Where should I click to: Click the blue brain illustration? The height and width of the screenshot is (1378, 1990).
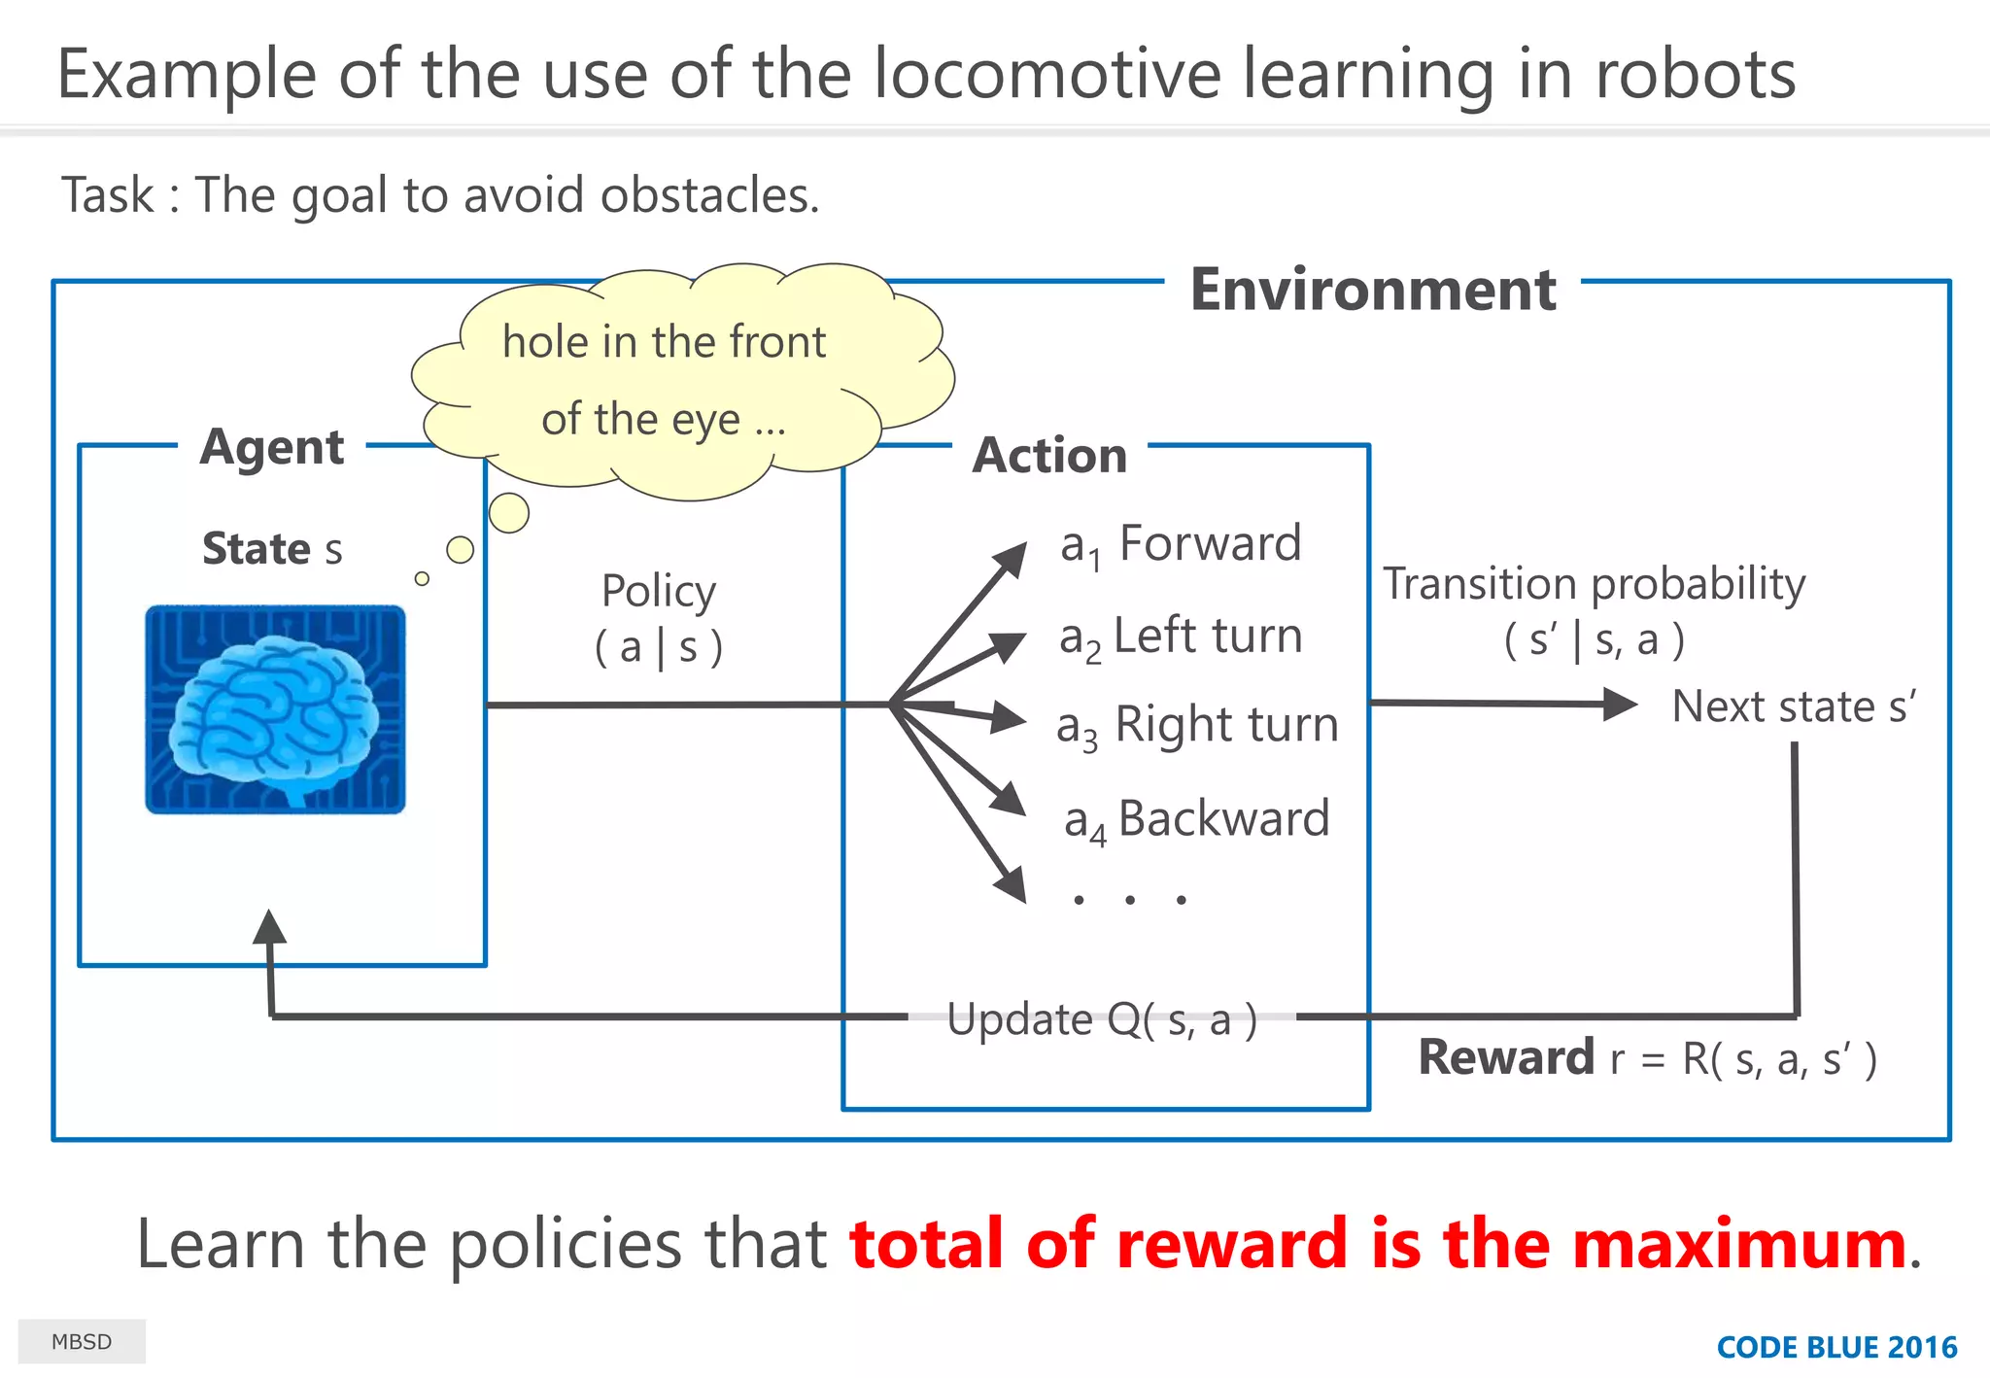(275, 708)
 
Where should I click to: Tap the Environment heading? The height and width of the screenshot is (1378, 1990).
(1372, 290)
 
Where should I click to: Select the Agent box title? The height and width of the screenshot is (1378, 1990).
(272, 447)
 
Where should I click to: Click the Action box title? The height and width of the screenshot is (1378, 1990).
(1049, 455)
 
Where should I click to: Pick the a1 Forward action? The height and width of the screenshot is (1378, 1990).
(1181, 544)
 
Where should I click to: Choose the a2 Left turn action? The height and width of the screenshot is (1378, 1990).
(1181, 637)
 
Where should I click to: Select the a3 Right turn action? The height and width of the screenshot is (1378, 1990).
(1197, 726)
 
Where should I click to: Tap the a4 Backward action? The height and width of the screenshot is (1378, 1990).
(1197, 819)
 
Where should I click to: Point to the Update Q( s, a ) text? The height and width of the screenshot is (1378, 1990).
(1102, 1019)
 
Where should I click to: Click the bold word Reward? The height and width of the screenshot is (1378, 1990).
(1506, 1057)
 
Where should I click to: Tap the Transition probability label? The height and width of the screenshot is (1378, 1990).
(1594, 584)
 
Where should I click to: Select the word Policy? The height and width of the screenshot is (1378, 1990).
(659, 591)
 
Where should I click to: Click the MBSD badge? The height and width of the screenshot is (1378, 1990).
(82, 1342)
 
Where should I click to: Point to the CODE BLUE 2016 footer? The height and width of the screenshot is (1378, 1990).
(1836, 1347)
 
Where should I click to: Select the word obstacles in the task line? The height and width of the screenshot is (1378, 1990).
(709, 195)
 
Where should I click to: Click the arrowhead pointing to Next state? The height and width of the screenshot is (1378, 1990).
(1619, 704)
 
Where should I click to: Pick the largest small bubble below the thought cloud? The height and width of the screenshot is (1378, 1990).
(509, 512)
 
